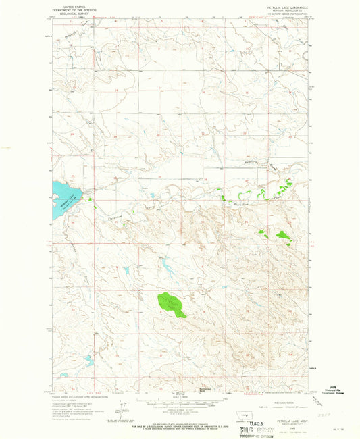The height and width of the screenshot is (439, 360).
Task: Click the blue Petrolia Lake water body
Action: [x=65, y=200]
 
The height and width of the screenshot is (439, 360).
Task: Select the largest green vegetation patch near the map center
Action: [x=172, y=304]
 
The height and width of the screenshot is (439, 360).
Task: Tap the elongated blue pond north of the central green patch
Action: [x=163, y=262]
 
